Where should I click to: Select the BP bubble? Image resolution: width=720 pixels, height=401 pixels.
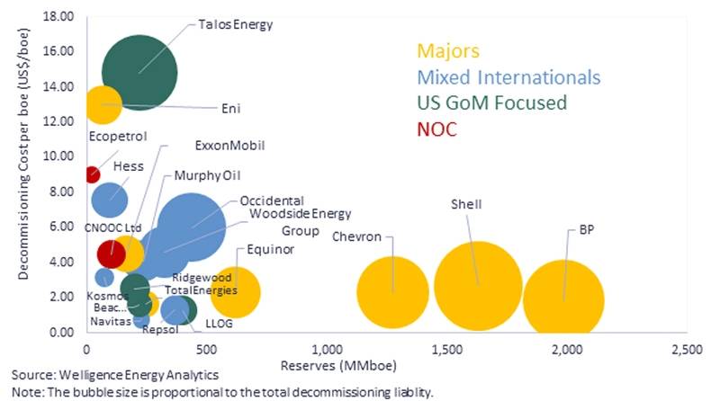564,299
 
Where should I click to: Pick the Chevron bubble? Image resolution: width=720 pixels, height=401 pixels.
392,291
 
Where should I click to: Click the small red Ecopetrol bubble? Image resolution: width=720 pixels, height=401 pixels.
91,174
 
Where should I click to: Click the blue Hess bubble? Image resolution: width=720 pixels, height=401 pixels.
110,200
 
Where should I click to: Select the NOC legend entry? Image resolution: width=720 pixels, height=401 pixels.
437,129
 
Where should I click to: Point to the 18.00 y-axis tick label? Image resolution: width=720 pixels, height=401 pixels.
60,16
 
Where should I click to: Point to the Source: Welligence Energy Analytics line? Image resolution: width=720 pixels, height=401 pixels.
114,373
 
